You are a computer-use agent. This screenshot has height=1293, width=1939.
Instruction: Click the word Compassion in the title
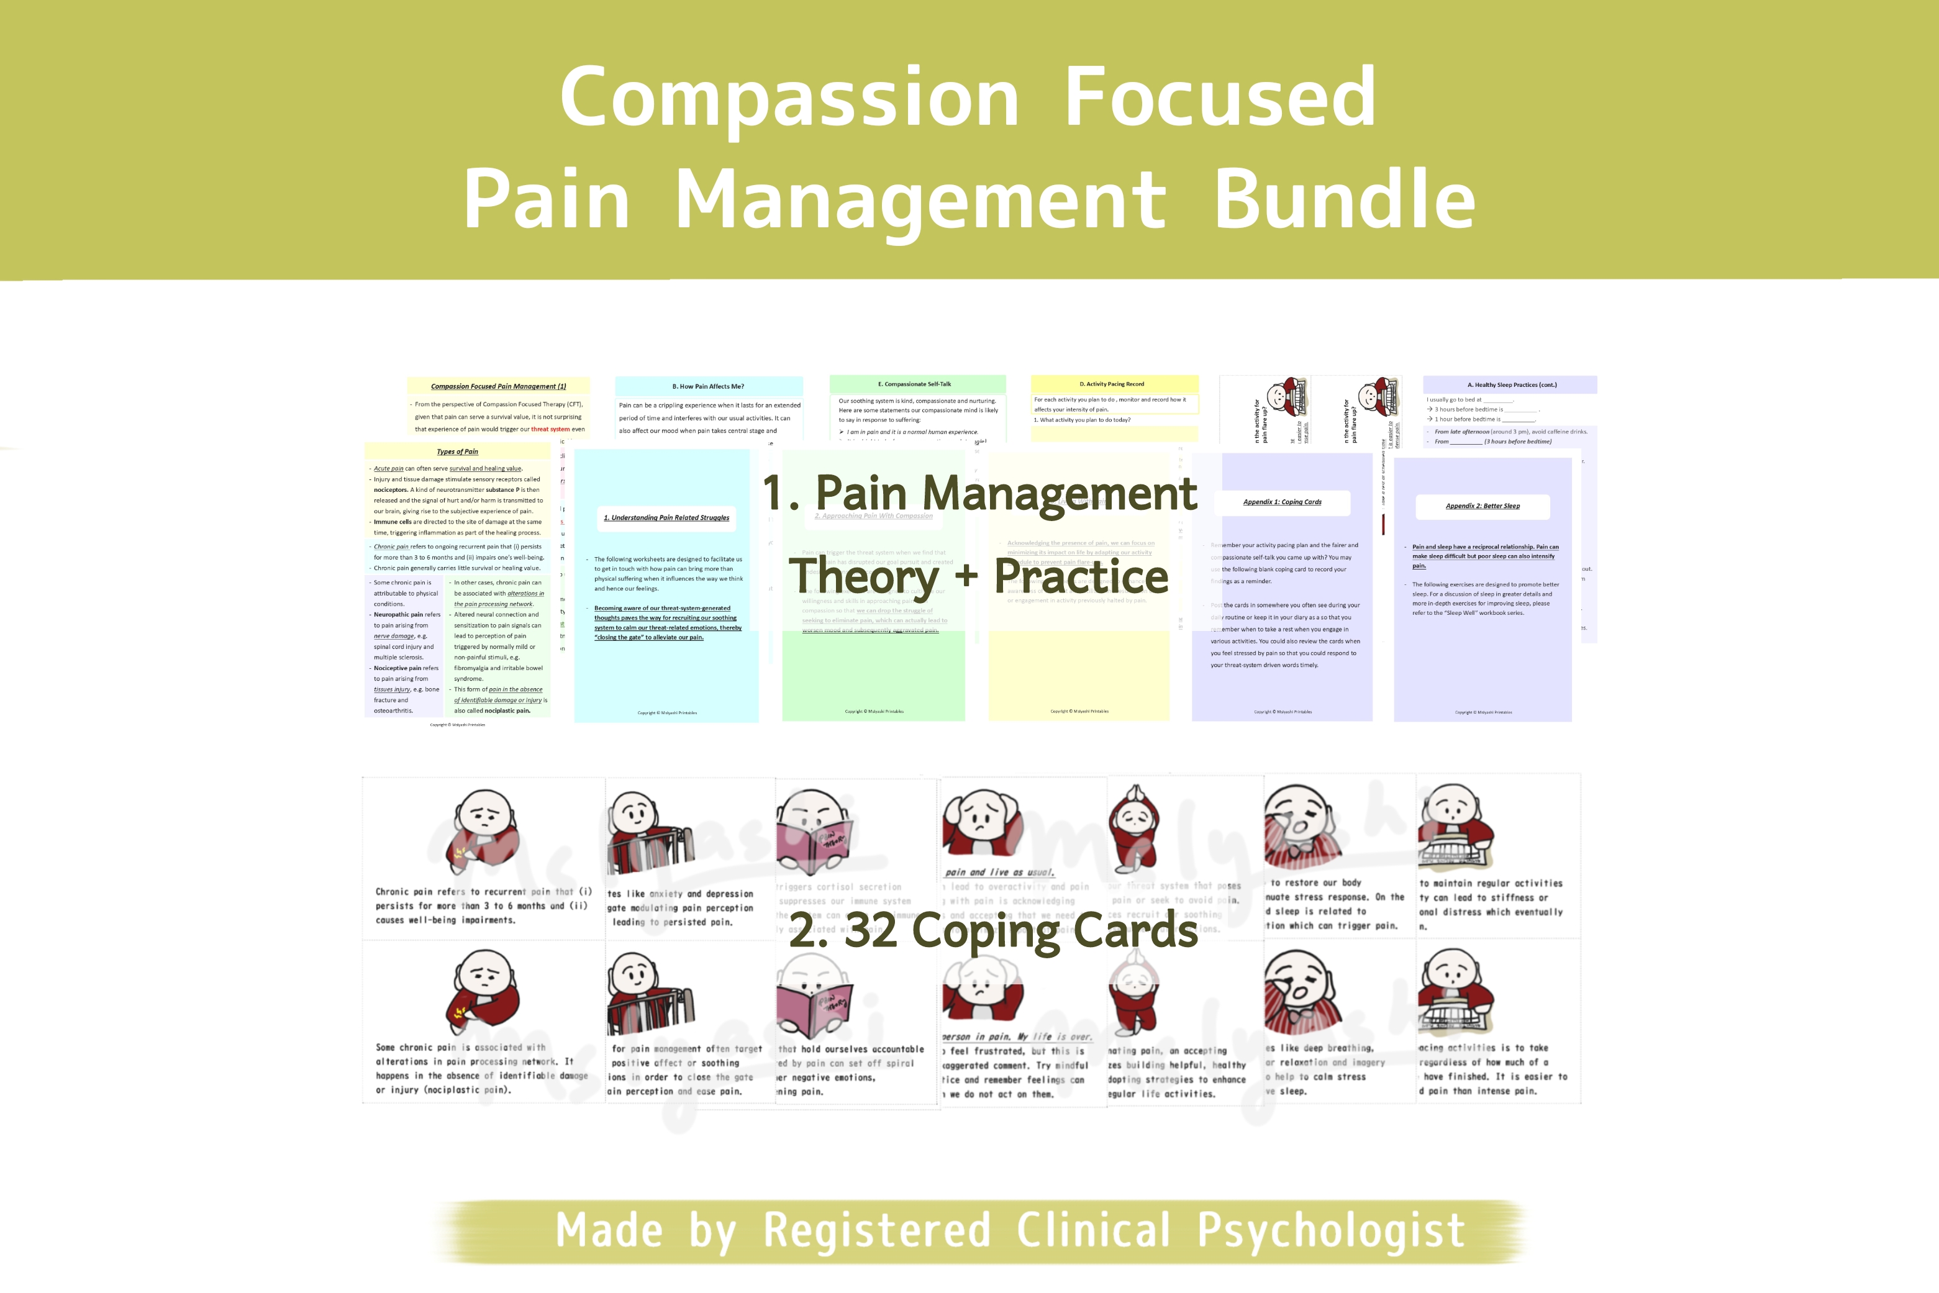pos(789,99)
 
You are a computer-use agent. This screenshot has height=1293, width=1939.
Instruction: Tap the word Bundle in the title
pos(1345,199)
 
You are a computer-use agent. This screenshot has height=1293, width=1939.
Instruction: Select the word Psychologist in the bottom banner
pos(1330,1231)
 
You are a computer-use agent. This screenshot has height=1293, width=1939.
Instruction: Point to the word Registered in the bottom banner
pos(876,1231)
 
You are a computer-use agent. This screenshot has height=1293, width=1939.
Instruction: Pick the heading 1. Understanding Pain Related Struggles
pos(666,518)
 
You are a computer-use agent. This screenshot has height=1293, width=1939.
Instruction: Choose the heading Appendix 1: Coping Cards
pos(1282,502)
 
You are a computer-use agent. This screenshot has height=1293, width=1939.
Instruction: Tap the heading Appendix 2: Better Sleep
pos(1482,506)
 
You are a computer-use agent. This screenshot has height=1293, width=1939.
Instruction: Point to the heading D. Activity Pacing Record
pos(1112,384)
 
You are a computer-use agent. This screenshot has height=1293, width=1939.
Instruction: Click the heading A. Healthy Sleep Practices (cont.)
pos(1512,385)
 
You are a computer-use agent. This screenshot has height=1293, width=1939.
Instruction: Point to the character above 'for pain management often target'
pos(649,994)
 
